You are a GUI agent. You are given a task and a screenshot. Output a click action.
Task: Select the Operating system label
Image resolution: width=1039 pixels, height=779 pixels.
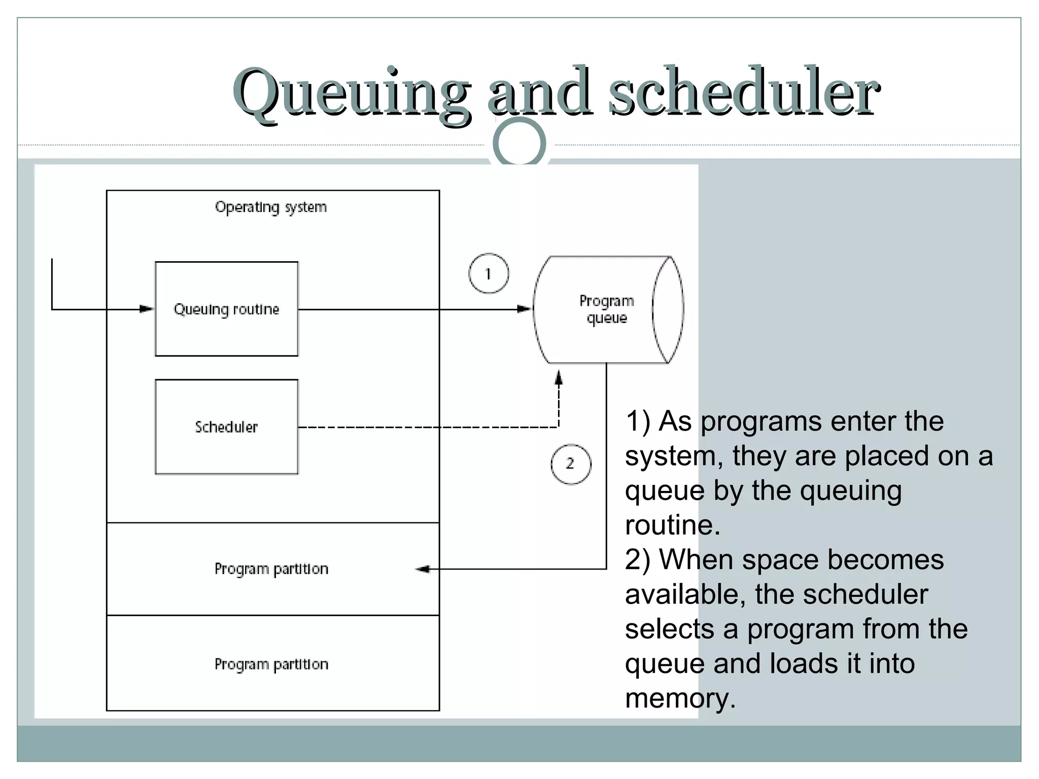271,207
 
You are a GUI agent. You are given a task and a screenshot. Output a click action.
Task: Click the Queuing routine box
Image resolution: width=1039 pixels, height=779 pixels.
226,309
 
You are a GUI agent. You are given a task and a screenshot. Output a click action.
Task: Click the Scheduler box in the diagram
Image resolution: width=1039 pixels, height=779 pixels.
226,427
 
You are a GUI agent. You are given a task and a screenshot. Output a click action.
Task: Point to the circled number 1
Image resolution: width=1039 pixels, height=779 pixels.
488,274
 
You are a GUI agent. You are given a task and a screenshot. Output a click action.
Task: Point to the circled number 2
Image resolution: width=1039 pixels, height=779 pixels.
571,464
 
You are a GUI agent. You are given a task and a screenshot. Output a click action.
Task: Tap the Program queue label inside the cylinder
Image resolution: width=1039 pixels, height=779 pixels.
607,309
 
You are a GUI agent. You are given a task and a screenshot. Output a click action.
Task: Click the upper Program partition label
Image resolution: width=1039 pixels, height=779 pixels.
271,569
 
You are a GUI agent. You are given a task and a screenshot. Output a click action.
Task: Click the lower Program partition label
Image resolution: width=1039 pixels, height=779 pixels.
271,664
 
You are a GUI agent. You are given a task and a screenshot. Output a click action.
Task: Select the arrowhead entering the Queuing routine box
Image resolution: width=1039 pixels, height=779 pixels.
146,309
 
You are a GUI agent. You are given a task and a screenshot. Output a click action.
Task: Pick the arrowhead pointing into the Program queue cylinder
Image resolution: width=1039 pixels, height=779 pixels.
524,309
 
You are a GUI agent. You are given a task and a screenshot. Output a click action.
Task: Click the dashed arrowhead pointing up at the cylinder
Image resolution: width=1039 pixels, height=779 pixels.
559,378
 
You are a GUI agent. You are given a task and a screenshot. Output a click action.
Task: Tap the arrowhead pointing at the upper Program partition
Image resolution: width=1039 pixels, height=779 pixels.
423,569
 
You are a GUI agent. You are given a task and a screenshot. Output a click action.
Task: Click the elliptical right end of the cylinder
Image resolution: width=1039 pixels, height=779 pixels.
668,309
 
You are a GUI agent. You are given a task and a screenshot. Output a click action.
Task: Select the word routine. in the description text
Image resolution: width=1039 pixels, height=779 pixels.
672,525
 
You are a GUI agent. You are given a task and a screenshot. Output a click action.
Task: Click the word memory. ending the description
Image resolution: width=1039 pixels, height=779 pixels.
680,698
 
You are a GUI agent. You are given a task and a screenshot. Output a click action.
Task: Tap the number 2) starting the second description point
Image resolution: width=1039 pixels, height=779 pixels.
637,560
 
